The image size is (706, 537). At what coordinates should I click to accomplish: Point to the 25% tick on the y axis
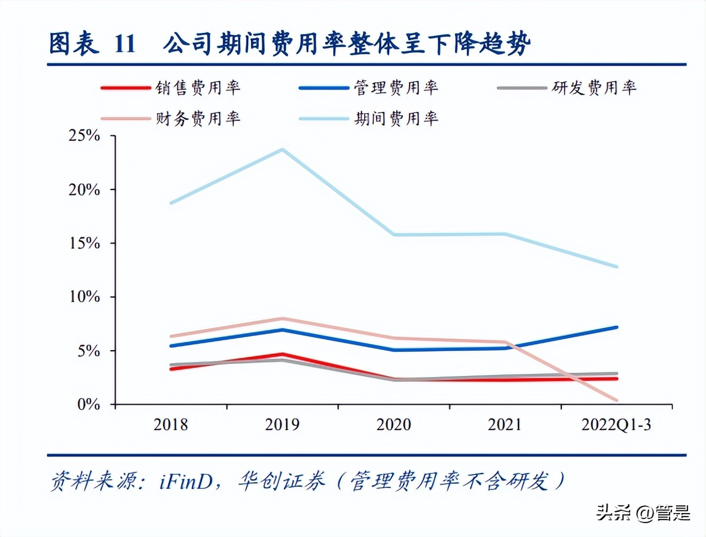pos(84,136)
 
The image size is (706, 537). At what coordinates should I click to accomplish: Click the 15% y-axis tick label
pos(84,243)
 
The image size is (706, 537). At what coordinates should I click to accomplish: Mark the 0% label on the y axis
pos(89,405)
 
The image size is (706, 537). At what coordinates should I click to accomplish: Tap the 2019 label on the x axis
pos(282,425)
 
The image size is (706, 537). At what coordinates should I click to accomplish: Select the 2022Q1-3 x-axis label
pos(616,425)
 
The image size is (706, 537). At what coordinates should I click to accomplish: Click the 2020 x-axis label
pos(394,425)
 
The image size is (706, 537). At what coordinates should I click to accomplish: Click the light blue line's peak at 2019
pos(283,149)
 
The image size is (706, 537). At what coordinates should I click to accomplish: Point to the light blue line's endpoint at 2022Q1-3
pos(617,266)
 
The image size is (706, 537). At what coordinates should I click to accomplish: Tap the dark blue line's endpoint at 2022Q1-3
pos(617,327)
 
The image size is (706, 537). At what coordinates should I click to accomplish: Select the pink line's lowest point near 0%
pos(617,400)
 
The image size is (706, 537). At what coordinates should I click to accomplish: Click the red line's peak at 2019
pos(283,354)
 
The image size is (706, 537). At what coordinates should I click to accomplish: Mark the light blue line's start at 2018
pos(171,203)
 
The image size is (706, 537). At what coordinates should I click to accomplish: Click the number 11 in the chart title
pos(124,44)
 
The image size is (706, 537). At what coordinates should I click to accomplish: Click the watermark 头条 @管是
pos(643,514)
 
